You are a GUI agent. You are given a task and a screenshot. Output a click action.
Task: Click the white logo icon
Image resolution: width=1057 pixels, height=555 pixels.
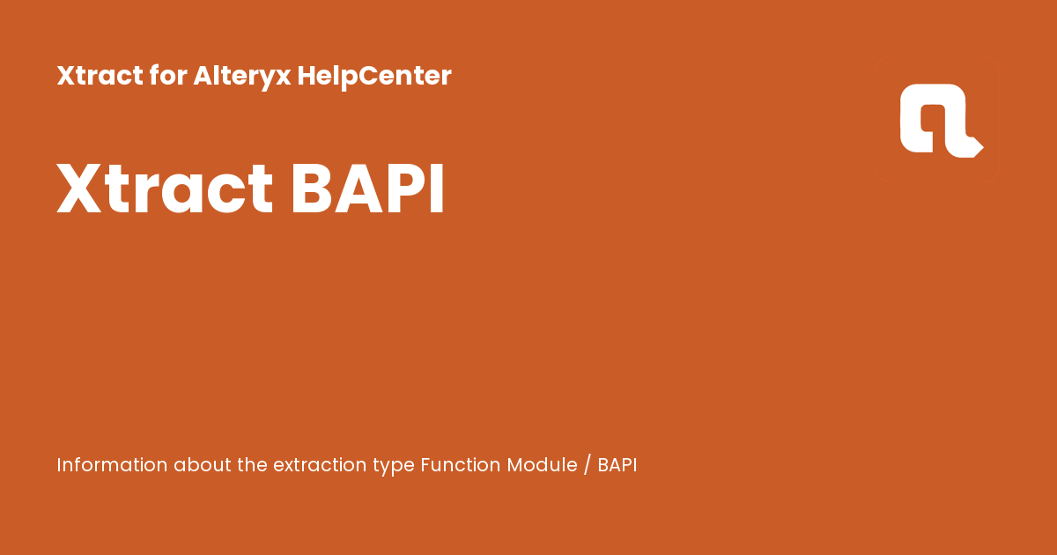tap(940, 121)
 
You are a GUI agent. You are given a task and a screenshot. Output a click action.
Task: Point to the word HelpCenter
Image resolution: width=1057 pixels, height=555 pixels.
tap(374, 77)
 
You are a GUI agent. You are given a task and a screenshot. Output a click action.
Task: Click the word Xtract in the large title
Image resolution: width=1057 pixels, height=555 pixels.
tap(165, 189)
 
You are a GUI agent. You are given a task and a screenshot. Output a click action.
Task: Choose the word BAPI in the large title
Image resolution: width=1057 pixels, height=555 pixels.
tap(367, 189)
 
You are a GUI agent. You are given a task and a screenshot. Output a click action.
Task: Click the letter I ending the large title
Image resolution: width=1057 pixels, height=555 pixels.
tap(437, 189)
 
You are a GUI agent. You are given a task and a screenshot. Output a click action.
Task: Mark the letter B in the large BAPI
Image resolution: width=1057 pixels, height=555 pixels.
tap(310, 189)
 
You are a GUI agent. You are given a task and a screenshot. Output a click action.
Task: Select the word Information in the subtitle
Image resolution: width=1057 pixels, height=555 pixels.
tap(112, 465)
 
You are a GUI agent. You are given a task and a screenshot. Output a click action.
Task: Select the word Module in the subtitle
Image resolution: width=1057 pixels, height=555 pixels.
tap(542, 465)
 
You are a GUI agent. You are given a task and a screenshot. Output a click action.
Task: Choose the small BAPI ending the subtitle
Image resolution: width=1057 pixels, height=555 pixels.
tap(617, 465)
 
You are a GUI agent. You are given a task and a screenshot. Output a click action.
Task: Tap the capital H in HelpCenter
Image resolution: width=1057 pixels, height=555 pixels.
tap(306, 77)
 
